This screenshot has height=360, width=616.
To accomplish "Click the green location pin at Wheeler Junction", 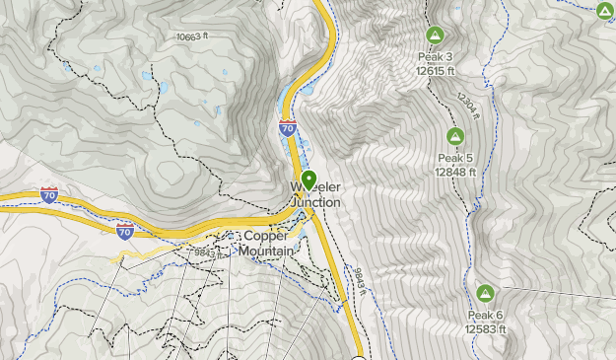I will pos(309,180).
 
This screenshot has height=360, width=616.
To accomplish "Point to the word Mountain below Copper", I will pos(266,251).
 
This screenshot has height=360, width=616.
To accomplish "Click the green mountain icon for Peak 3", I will pos(434,36).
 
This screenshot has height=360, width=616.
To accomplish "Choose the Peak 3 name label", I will pos(435,56).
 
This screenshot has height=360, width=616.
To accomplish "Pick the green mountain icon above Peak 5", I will pos(455,136).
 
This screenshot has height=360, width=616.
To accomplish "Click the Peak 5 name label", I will pos(455,158).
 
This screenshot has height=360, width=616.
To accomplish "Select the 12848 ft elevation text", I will pos(455,172).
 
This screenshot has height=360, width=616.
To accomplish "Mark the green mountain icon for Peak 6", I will pos(485,293).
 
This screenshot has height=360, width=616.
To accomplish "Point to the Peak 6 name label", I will pos(486,315).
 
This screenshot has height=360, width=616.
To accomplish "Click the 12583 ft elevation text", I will pos(486,328).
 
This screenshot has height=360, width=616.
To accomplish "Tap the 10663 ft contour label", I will pos(193,36).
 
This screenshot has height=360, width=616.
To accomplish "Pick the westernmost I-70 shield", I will pos(49,194).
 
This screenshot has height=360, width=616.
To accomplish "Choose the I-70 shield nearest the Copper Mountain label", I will pos(124,230).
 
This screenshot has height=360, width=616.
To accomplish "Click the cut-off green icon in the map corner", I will pos(605,10).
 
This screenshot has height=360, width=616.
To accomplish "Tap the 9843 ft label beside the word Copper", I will pos(205,252).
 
